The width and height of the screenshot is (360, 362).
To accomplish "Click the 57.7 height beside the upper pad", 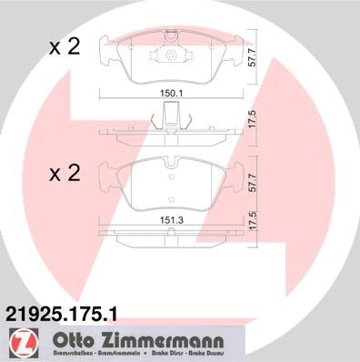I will click(x=266, y=62).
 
